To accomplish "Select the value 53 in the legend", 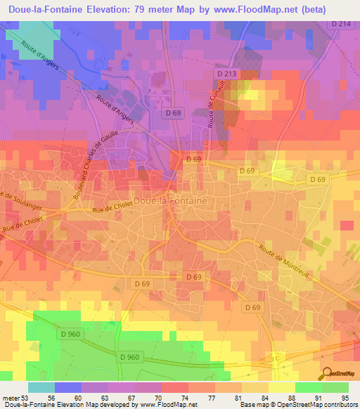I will coord(27,396).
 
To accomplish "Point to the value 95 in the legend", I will coord(345,396).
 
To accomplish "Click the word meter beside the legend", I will coord(10,396).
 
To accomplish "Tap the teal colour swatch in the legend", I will coord(41,387).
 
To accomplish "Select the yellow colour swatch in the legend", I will coord(281,387).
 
